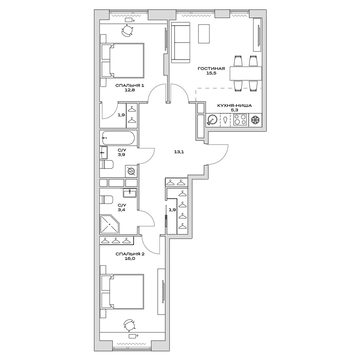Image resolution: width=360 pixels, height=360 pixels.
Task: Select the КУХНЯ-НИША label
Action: (234, 105)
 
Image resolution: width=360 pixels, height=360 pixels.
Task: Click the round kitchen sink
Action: (212, 120)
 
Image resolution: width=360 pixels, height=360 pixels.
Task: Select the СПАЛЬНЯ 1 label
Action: (125, 85)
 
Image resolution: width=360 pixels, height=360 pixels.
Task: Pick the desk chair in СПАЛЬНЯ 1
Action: (128, 31)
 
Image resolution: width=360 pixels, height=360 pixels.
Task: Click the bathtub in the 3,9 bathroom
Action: (118, 137)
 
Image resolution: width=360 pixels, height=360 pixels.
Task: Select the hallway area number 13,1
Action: (179, 152)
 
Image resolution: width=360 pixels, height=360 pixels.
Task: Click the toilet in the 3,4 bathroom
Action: (107, 200)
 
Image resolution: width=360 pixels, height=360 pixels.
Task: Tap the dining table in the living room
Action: (246, 74)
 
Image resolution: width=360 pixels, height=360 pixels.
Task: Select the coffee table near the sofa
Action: (204, 33)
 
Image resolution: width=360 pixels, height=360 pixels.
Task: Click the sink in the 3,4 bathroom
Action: (130, 193)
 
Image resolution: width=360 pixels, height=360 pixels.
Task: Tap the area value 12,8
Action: (125, 90)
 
